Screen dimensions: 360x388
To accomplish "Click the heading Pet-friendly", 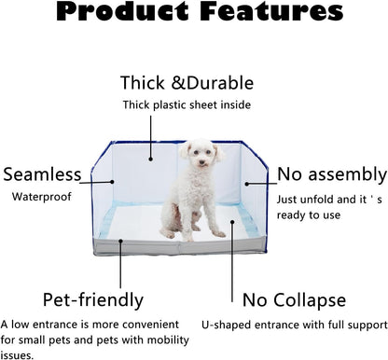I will (x=93, y=299).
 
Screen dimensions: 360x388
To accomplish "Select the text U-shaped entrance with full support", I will (x=293, y=325).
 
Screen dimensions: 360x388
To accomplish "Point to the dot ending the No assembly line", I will (x=246, y=185).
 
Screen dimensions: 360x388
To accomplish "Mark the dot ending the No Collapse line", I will (x=233, y=222).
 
